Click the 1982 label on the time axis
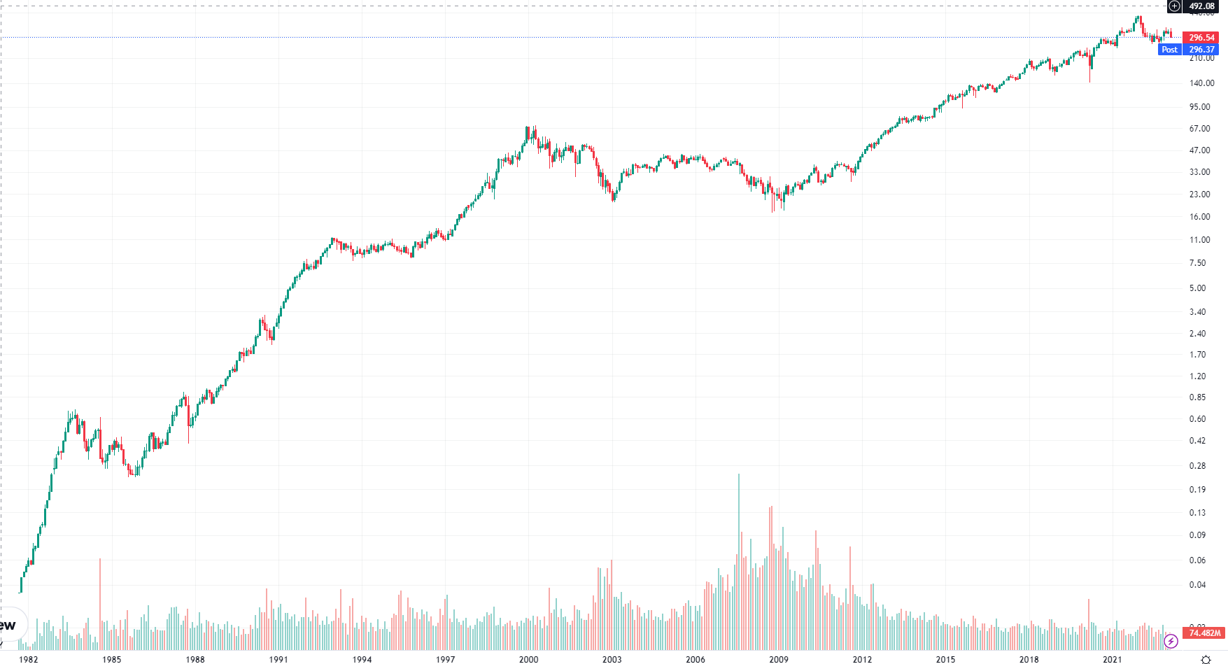click(x=29, y=659)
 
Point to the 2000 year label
click(x=529, y=659)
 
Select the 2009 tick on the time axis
click(x=779, y=659)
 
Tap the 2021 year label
click(x=1113, y=659)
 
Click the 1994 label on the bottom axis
click(x=362, y=659)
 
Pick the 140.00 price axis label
click(x=1201, y=83)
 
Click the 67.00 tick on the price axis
click(x=1199, y=129)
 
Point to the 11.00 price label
click(x=1199, y=240)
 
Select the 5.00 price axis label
click(x=1197, y=288)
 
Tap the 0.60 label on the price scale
click(x=1197, y=419)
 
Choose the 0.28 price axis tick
click(x=1197, y=466)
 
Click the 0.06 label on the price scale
click(x=1197, y=560)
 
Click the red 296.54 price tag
click(x=1201, y=38)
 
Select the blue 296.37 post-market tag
click(x=1201, y=50)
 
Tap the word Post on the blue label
click(x=1169, y=50)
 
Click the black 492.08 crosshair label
click(x=1201, y=6)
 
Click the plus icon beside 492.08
click(x=1174, y=6)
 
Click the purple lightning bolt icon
click(x=1171, y=641)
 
